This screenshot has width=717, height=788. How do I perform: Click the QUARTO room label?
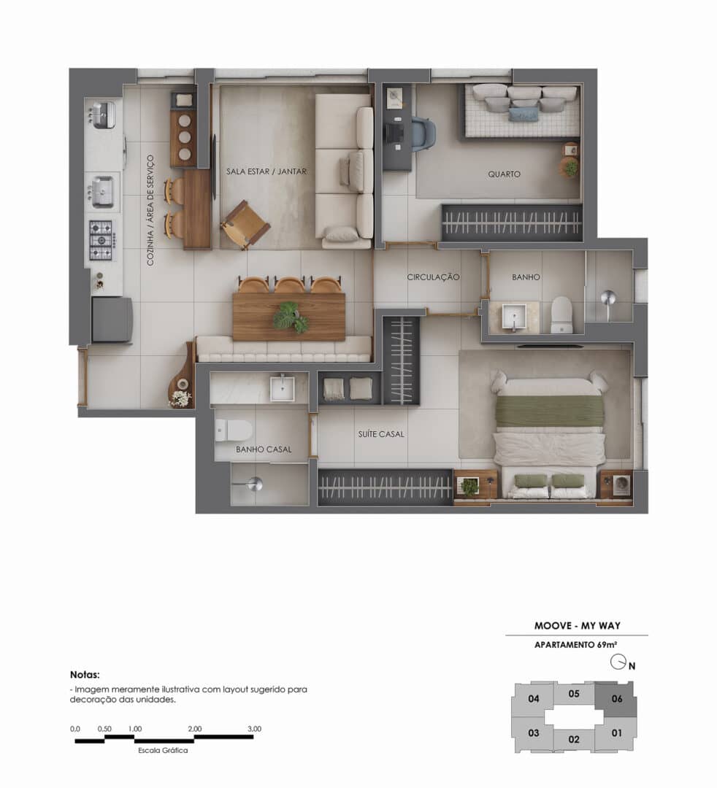click(504, 174)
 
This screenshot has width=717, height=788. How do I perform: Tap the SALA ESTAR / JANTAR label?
click(267, 171)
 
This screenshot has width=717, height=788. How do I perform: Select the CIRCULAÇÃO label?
click(433, 277)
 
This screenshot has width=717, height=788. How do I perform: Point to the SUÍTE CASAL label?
click(380, 434)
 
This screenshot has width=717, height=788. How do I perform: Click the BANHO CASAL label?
click(264, 449)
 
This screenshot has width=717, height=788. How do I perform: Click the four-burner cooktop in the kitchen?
click(101, 239)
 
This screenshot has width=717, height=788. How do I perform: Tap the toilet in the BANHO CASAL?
click(234, 430)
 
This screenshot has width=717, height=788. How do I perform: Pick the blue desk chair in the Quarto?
click(422, 134)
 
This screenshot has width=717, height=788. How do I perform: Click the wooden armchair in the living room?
click(245, 223)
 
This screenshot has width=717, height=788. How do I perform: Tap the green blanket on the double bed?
click(549, 411)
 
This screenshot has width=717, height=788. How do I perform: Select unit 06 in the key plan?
click(617, 698)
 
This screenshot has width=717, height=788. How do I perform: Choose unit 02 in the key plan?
click(574, 739)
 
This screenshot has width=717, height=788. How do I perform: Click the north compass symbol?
click(618, 663)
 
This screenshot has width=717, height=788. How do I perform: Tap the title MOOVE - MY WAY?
click(577, 626)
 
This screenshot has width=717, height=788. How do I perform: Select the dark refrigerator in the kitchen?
click(112, 319)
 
